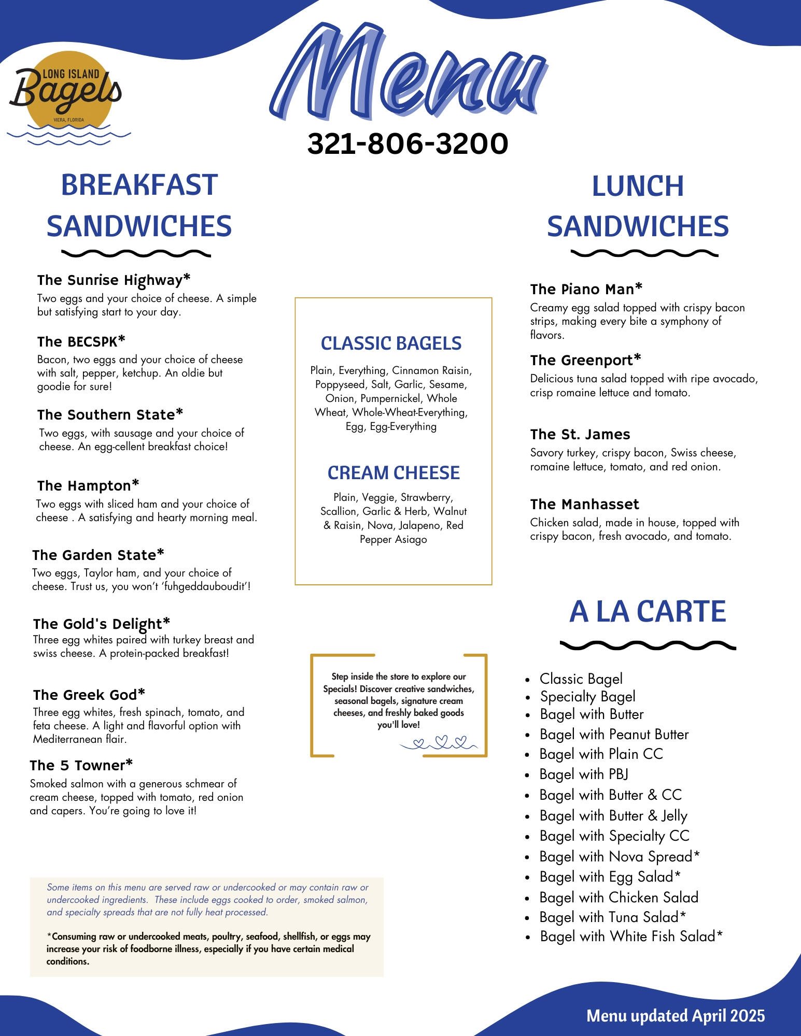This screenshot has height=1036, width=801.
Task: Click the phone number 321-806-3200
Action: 407,143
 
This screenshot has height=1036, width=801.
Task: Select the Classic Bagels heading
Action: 391,343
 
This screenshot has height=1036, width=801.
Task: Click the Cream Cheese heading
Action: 394,473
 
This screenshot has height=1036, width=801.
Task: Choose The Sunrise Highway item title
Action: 114,280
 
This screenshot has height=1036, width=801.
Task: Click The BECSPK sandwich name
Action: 81,341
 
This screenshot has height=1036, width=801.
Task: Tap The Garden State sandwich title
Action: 98,555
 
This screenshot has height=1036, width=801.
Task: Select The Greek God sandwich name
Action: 89,695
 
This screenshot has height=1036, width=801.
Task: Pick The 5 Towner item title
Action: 81,765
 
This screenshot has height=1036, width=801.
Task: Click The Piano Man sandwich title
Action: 586,289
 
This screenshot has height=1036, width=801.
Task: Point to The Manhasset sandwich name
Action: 584,504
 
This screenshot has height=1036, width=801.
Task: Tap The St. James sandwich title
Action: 580,434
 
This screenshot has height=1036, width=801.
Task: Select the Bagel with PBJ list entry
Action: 584,774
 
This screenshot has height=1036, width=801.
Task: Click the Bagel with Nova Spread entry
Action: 619,857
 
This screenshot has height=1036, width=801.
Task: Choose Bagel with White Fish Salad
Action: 630,937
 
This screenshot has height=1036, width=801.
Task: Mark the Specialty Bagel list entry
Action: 587,697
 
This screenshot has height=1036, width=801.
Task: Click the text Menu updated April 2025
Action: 675,1016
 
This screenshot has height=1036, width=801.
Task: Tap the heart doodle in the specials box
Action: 441,742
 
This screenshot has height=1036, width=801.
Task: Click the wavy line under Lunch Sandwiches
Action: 644,253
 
